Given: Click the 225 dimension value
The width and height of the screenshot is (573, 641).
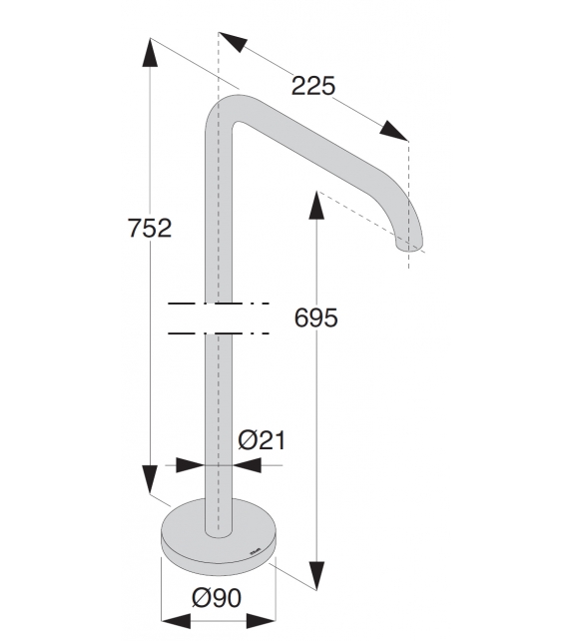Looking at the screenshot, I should point(312,86).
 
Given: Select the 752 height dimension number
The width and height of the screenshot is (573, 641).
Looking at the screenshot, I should point(150,228).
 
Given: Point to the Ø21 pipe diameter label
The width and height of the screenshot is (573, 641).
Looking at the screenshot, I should point(263,438).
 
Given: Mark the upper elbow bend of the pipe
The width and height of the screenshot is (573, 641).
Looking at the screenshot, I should point(227,108).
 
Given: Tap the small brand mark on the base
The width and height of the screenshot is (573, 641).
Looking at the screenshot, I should point(254,548).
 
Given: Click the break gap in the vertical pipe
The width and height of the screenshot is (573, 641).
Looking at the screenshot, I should point(219,319).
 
